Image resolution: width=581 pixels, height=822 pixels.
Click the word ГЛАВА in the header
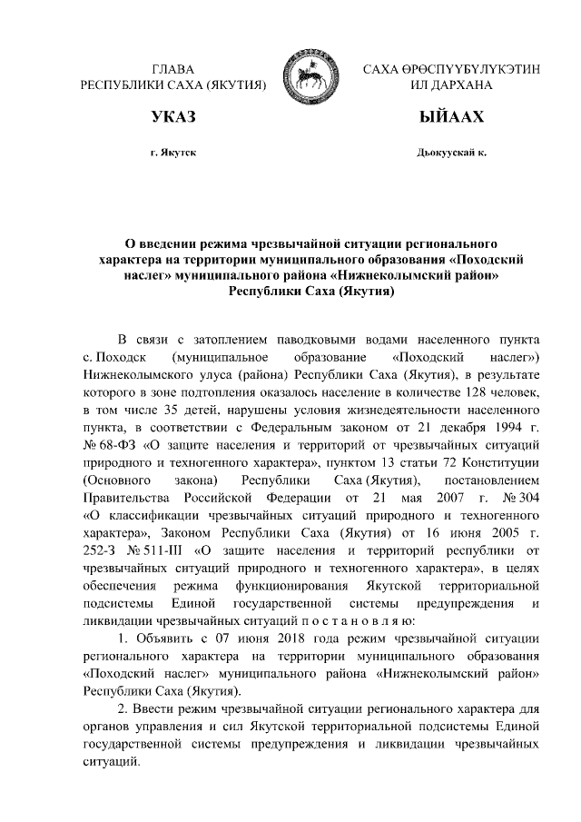point(174,69)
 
